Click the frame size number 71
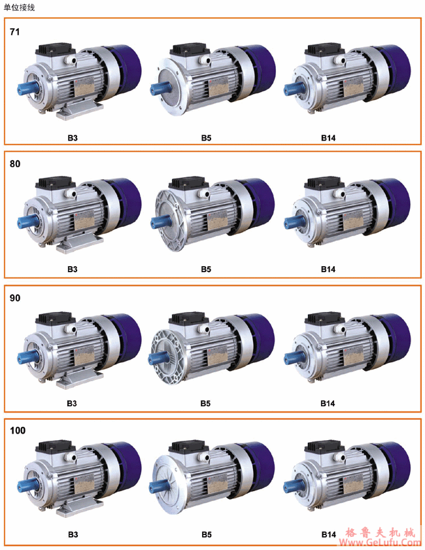[x=15, y=32]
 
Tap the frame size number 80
[x=15, y=163]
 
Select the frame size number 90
[x=15, y=298]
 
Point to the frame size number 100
[x=18, y=430]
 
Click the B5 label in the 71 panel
[x=206, y=138]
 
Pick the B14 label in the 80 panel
[x=328, y=269]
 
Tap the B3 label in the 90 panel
[x=72, y=404]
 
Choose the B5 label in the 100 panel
[x=206, y=534]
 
